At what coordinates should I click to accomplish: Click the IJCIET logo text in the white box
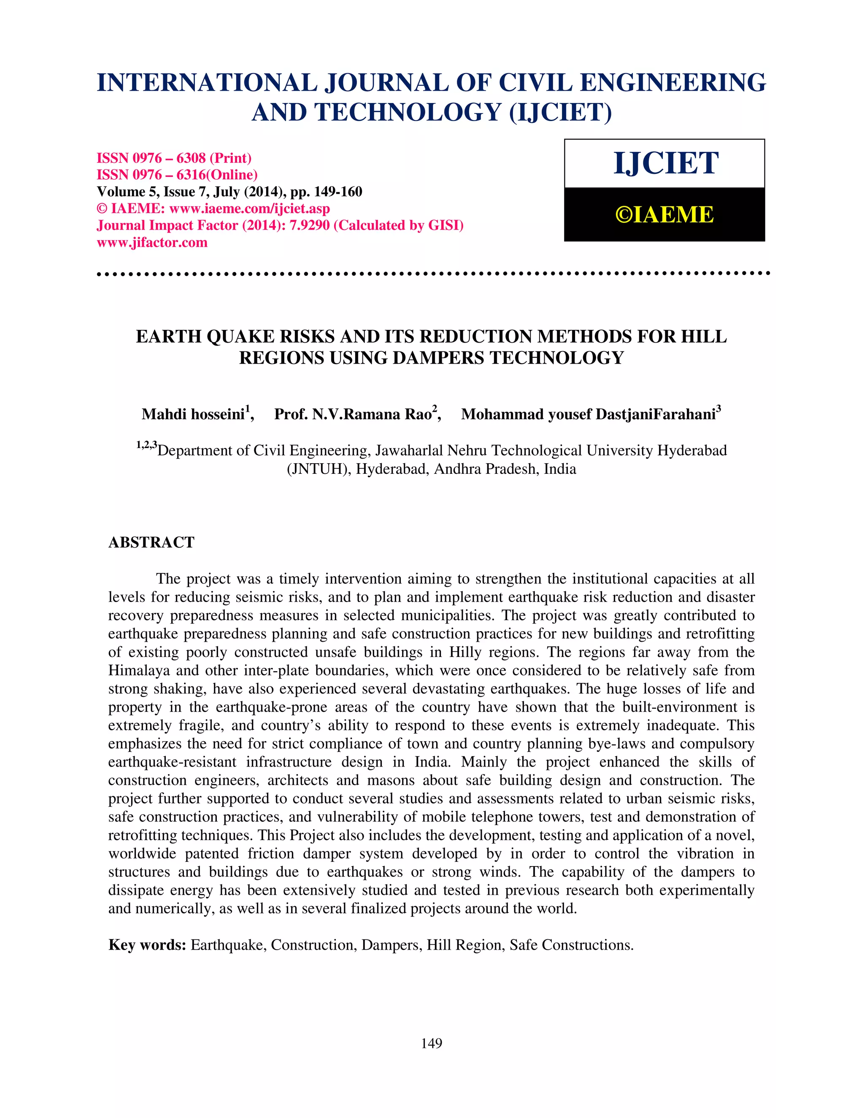click(665, 163)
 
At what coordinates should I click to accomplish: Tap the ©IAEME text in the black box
click(664, 214)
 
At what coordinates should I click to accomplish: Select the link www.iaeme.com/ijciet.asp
click(249, 209)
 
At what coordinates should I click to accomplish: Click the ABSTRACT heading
click(151, 543)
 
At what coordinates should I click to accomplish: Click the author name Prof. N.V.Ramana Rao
click(353, 414)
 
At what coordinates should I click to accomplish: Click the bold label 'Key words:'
click(147, 945)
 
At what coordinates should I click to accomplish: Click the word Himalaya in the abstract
click(139, 671)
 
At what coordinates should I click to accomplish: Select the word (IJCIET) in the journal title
click(561, 113)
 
